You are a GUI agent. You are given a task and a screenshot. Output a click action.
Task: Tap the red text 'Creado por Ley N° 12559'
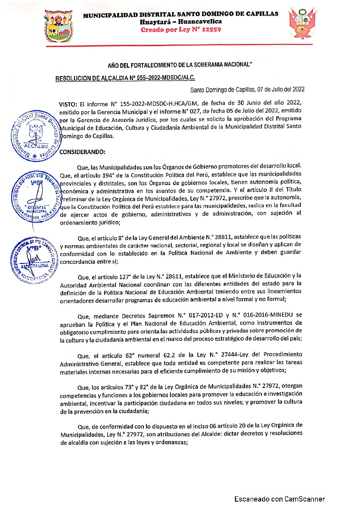click(180, 30)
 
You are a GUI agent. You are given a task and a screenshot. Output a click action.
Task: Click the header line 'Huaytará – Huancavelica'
click(180, 21)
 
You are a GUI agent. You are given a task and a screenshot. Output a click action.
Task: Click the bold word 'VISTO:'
click(68, 103)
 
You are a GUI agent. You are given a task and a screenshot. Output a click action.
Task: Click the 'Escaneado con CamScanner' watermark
click(279, 499)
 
